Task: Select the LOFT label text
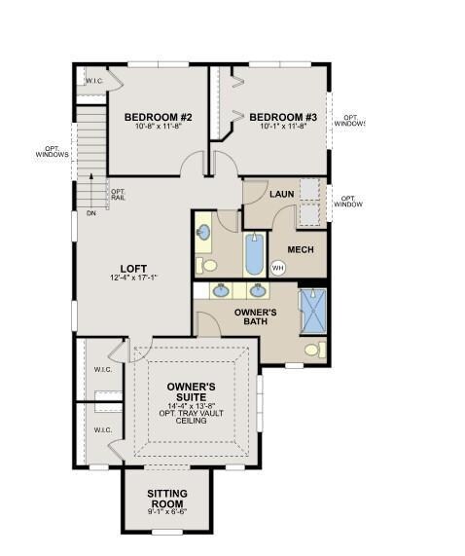tap(133, 269)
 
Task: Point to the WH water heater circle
tap(277, 267)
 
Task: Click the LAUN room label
tap(282, 195)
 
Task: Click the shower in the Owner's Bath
tap(312, 312)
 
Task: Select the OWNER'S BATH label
tap(258, 318)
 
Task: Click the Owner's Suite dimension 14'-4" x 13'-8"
tap(191, 405)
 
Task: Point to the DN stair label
tap(90, 212)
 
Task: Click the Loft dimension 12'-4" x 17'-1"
tap(133, 278)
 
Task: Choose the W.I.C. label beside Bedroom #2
tap(94, 81)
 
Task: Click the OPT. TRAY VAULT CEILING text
tap(191, 418)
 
